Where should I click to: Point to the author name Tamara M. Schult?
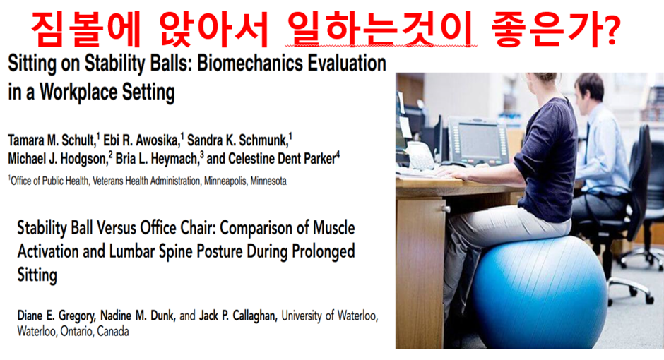52,140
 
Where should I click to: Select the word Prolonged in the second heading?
323,252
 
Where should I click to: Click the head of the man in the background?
589,87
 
